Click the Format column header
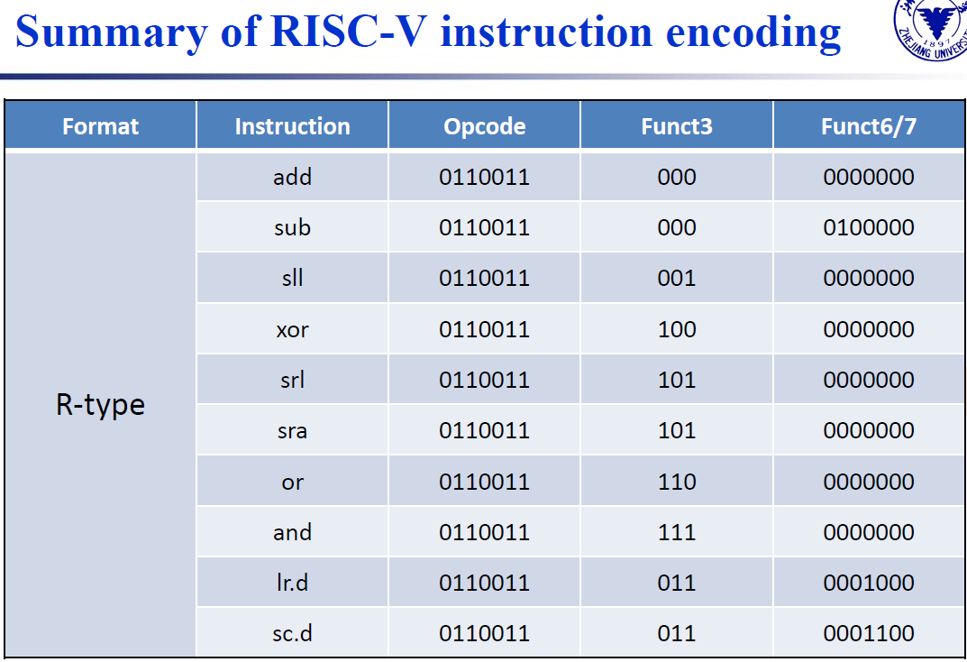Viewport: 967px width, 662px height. pos(101,126)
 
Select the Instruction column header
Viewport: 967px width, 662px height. pos(292,126)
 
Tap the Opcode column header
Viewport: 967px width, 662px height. pos(485,126)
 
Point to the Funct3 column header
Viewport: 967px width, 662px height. pos(677,126)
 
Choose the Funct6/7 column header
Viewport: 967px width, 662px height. pos(869,126)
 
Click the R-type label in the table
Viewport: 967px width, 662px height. pos(101,405)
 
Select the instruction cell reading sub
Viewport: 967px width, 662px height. pos(292,227)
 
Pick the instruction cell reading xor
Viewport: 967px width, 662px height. pos(292,329)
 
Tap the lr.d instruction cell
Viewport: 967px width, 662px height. pos(292,583)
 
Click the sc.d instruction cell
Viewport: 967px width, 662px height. pos(292,633)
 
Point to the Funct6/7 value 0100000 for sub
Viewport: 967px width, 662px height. pos(869,227)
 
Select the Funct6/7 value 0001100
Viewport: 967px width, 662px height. pos(869,633)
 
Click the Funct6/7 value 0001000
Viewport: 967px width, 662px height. pos(869,583)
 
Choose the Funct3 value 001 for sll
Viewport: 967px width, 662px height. pos(677,279)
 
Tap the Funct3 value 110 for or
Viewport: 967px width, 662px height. pos(677,482)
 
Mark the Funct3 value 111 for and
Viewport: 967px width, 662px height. pos(677,532)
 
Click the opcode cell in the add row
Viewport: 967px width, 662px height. pos(485,177)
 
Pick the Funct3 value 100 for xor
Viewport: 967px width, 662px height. pos(677,329)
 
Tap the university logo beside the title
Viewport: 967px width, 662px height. pos(931,30)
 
